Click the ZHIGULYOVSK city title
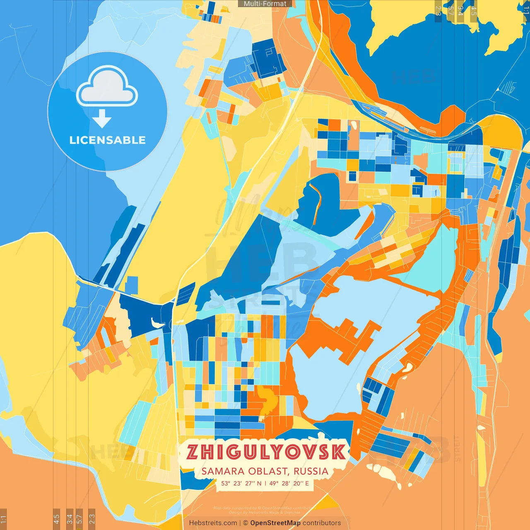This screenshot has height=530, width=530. tap(265, 452)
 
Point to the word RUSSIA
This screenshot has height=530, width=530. tap(311, 471)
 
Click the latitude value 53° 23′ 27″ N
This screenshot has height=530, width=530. tap(241, 483)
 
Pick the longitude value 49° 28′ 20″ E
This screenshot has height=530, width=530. tap(289, 483)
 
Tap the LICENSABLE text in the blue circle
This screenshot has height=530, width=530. tap(108, 140)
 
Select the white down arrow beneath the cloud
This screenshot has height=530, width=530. tap(102, 119)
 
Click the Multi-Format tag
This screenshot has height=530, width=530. tap(265, 4)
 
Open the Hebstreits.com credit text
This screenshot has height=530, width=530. tap(212, 523)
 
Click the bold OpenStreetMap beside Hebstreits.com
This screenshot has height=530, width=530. tap(275, 523)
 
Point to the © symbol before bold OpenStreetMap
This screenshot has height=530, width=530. tap(245, 523)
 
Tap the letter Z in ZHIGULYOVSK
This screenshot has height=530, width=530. tap(193, 452)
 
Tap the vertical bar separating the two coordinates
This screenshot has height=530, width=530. tap(265, 483)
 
